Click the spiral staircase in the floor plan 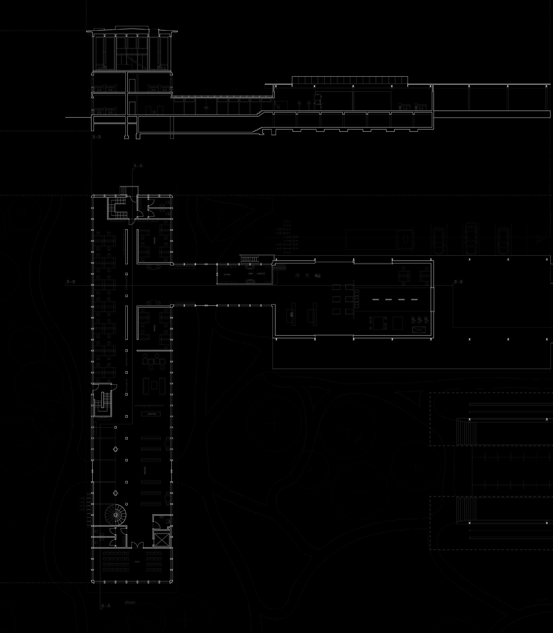tap(115, 515)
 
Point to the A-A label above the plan tap(138, 166)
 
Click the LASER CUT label tap(261, 274)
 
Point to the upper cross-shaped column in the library tap(115, 449)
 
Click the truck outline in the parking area tap(379, 239)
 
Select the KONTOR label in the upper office tap(155, 241)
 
